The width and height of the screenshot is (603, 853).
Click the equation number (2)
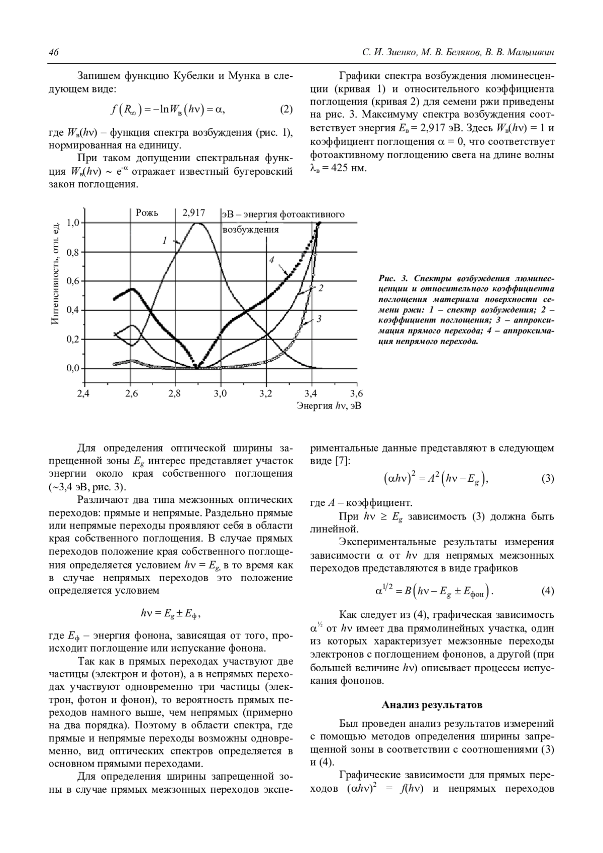pyautogui.click(x=285, y=110)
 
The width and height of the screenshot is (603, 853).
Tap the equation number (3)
pyautogui.click(x=547, y=479)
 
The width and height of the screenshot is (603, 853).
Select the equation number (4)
pyautogui.click(x=547, y=591)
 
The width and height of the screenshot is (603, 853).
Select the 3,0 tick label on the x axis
pyautogui.click(x=220, y=393)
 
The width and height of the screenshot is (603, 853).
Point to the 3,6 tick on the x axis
pyautogui.click(x=356, y=393)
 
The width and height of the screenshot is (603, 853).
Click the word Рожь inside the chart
pyautogui.click(x=147, y=213)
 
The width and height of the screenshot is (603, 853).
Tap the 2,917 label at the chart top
pyautogui.click(x=193, y=213)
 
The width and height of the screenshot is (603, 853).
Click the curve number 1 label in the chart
pyautogui.click(x=164, y=241)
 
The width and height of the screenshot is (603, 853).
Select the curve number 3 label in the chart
pyautogui.click(x=319, y=318)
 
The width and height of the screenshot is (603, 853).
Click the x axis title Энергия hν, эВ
pyautogui.click(x=329, y=405)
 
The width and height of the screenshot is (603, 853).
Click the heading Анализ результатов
pyautogui.click(x=432, y=705)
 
